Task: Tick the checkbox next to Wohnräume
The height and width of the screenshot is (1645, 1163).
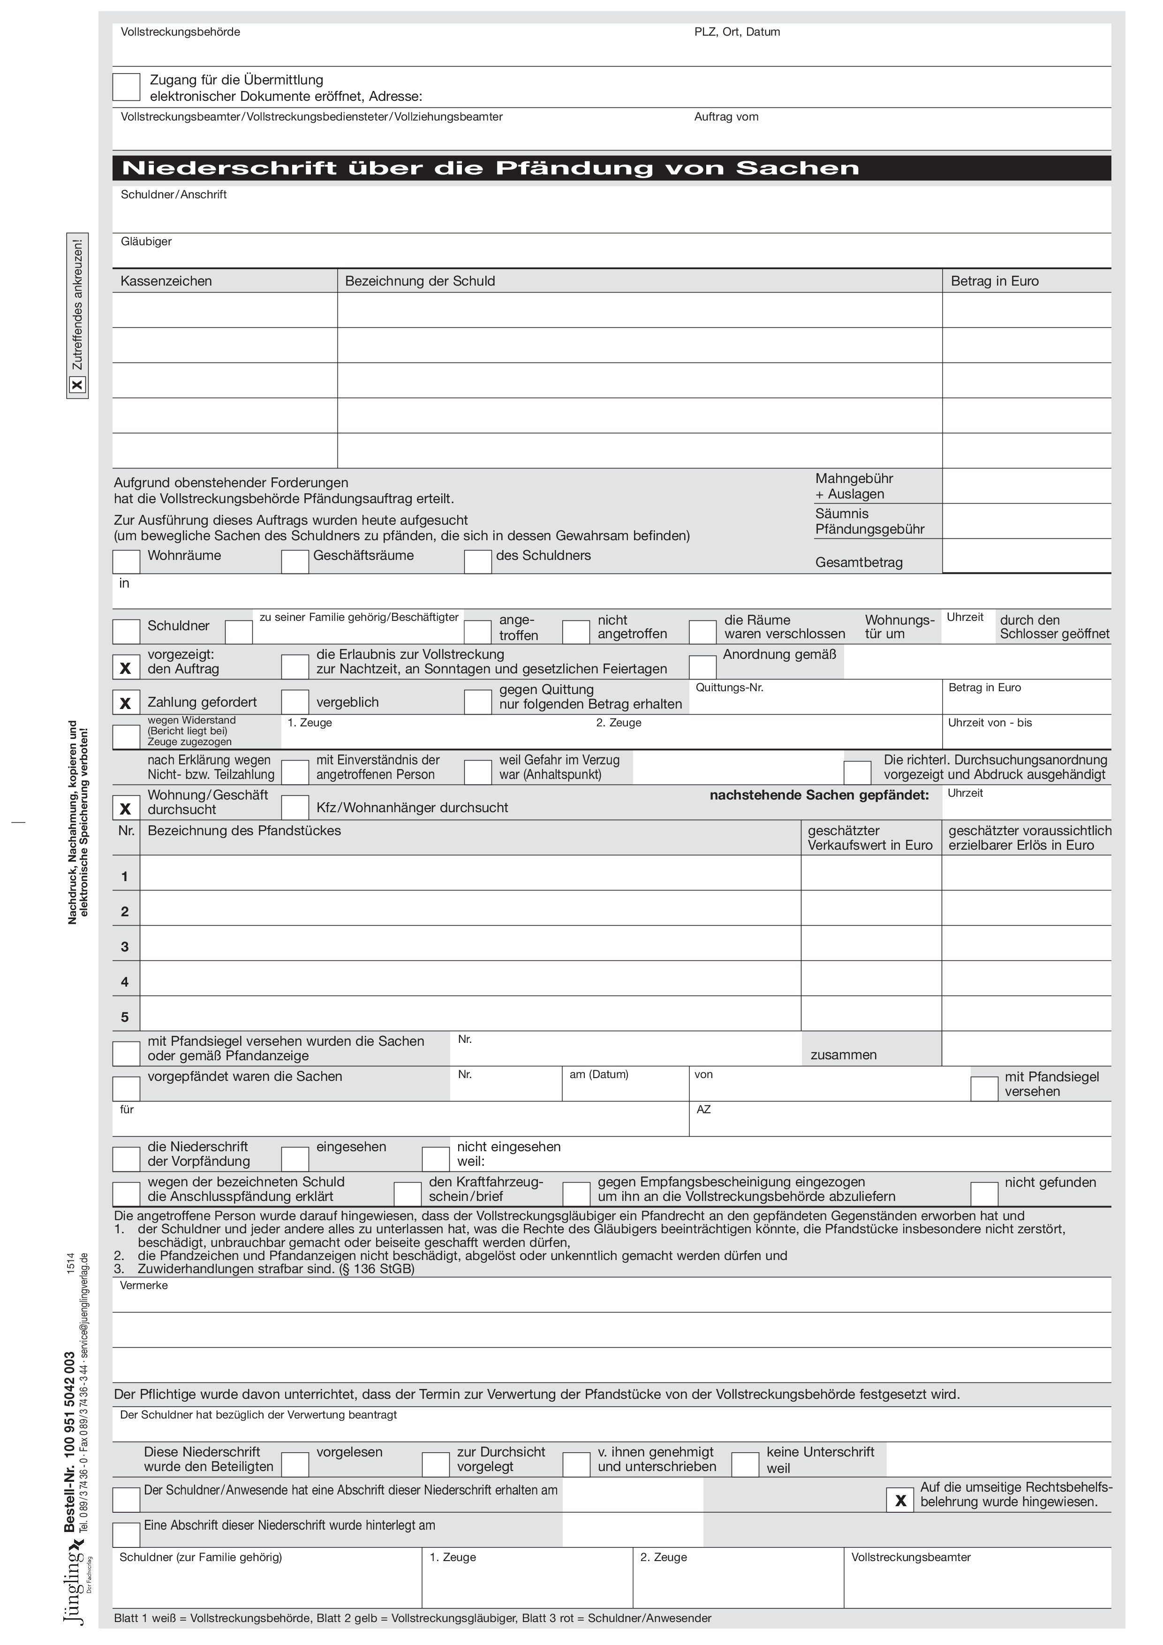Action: point(126,562)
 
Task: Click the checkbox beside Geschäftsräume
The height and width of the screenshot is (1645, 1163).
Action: point(295,562)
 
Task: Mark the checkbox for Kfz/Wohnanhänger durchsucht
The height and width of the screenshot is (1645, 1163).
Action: point(295,808)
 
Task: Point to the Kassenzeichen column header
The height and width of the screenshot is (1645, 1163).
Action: point(166,281)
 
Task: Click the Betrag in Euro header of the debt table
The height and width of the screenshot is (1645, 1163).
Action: point(995,281)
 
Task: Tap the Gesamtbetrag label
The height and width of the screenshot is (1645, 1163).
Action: point(859,562)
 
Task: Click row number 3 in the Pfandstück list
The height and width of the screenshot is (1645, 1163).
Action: point(125,947)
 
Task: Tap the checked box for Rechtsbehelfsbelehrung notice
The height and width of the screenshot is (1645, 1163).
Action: point(900,1500)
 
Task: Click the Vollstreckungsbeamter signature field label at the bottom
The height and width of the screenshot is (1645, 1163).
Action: point(911,1557)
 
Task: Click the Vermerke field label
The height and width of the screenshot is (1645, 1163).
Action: point(143,1285)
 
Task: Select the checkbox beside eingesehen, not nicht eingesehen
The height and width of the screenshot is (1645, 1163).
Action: point(295,1159)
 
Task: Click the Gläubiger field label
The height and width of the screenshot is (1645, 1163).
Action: point(146,241)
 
